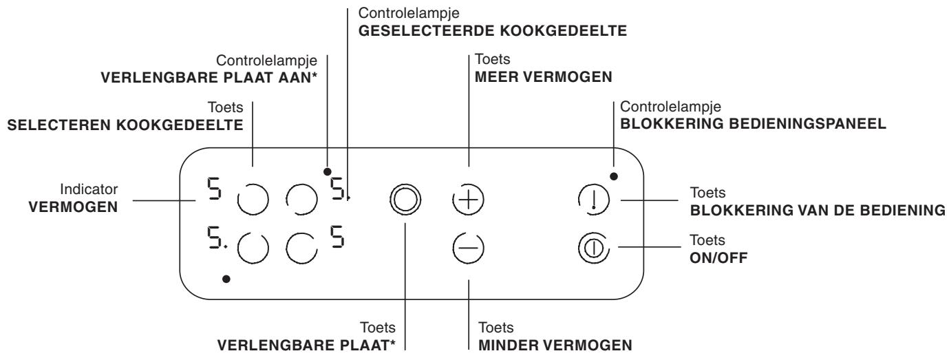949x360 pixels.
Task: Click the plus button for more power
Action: click(x=469, y=199)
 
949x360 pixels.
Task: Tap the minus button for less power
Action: click(x=469, y=246)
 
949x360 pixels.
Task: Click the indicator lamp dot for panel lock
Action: click(x=614, y=176)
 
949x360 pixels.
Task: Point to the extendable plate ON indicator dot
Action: click(x=328, y=171)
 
